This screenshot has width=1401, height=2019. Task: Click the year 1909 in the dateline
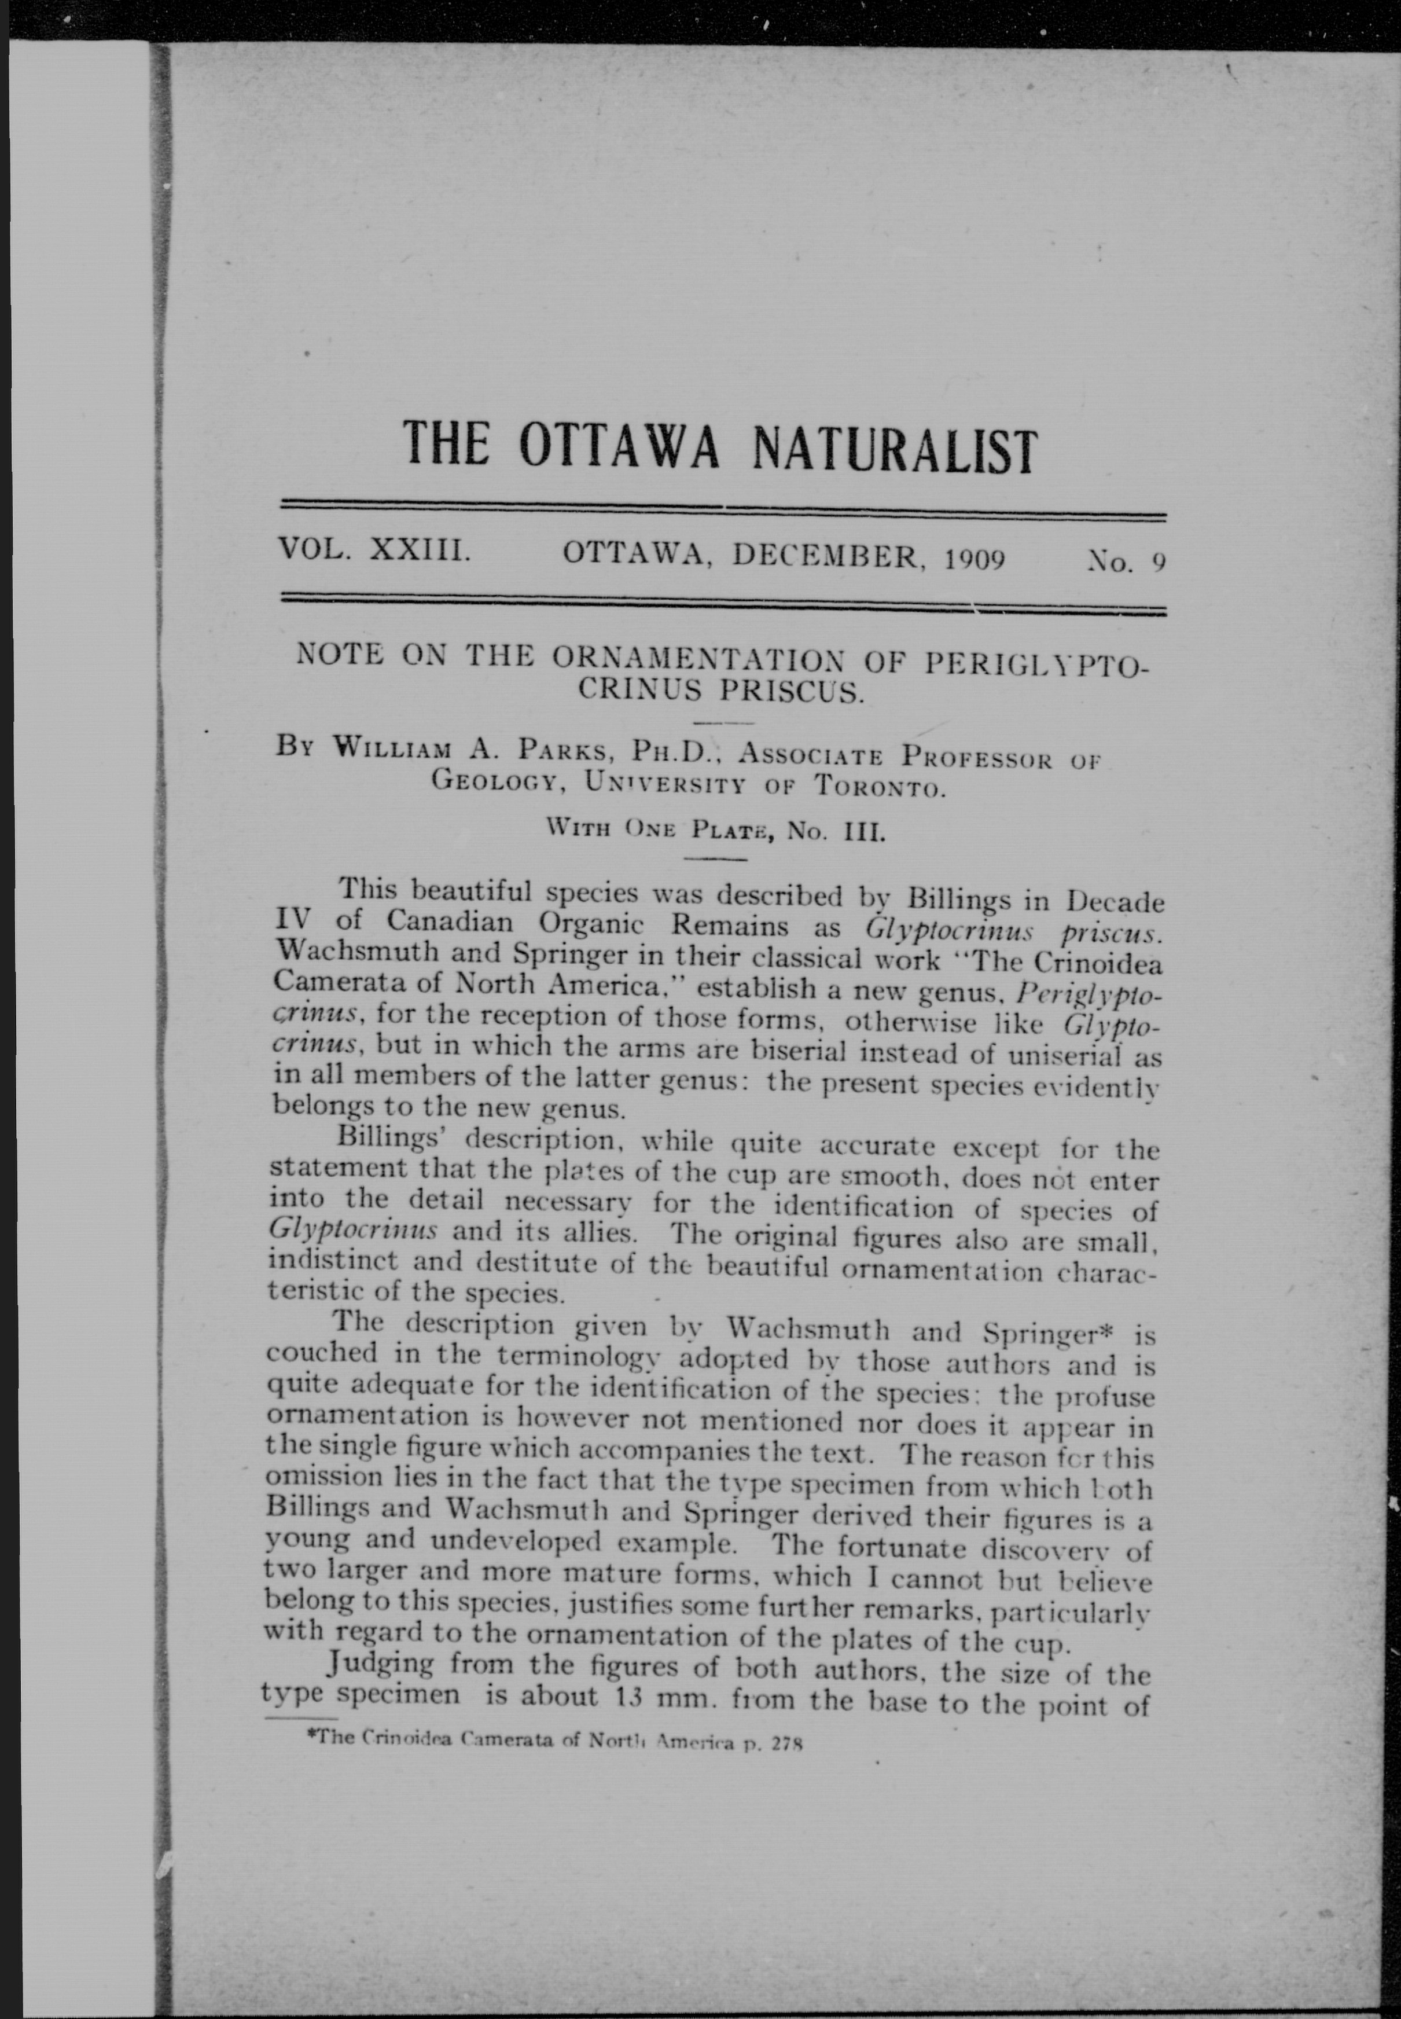click(975, 559)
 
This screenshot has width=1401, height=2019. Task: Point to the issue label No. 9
click(1126, 561)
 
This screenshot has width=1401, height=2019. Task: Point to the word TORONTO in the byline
click(880, 785)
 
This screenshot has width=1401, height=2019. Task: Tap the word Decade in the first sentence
click(1115, 901)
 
